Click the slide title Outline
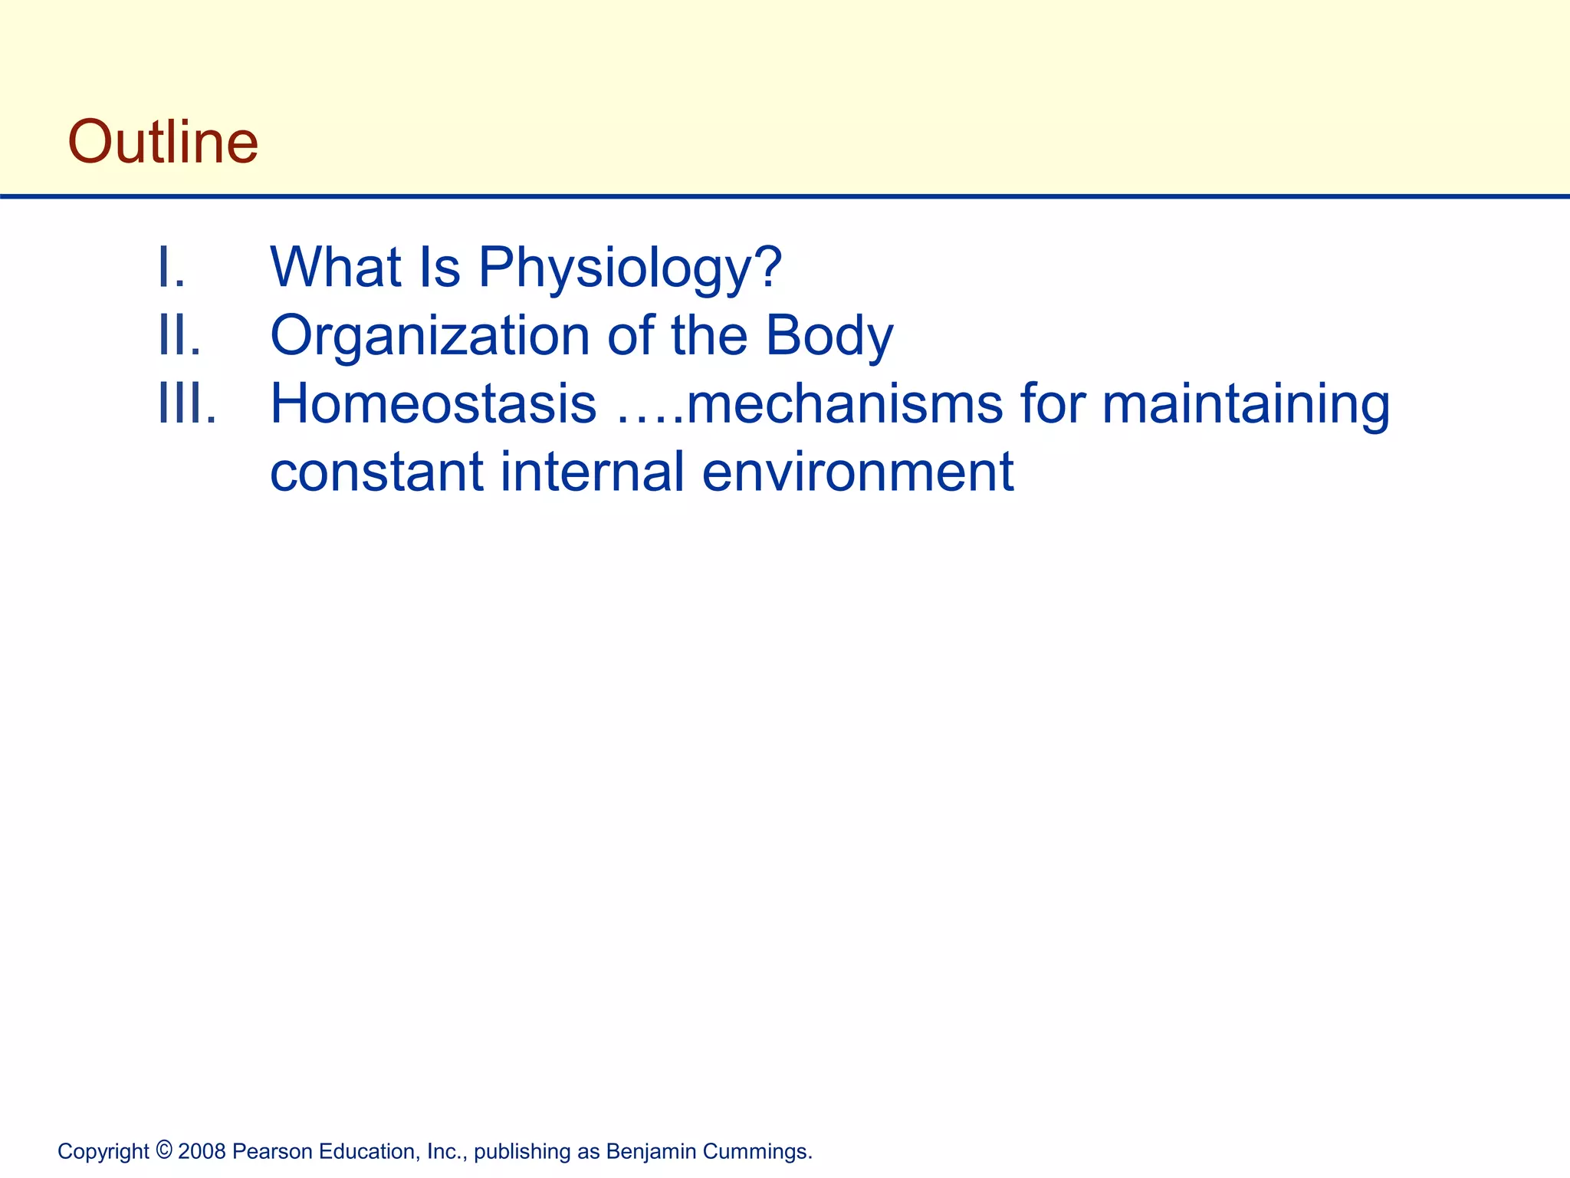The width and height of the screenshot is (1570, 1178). [x=163, y=142]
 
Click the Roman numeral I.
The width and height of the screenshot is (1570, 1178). [x=170, y=268]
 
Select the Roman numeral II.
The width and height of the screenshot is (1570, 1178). [x=179, y=336]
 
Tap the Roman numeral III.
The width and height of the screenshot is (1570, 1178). [x=186, y=403]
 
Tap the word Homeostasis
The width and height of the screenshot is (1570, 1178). [x=433, y=404]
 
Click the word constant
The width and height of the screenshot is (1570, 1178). [x=376, y=472]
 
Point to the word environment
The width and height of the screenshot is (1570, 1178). [x=858, y=472]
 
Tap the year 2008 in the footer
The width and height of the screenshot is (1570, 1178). [x=202, y=1152]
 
